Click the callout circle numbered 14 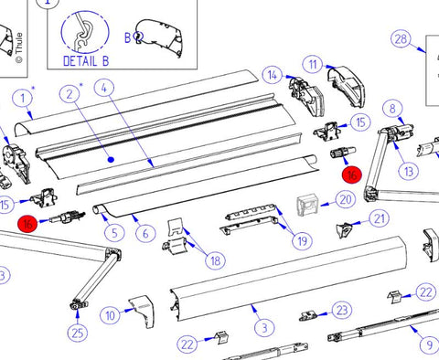coord(273,75)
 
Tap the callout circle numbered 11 coord(313,65)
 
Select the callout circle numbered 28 coord(401,39)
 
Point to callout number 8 coord(392,109)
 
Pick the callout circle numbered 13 coord(409,172)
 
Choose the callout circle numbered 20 coord(346,200)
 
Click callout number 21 coord(379,218)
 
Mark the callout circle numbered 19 coord(302,241)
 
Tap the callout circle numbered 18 coord(216,260)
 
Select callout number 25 coord(77,333)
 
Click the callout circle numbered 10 coord(110,315)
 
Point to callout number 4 coord(104,88)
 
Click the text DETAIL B coord(86,61)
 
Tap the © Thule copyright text coord(19,48)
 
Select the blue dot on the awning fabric coord(112,159)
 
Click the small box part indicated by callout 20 coord(308,206)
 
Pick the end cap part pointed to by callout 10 coord(142,311)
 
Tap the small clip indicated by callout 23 coord(307,316)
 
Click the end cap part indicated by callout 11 coord(347,86)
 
